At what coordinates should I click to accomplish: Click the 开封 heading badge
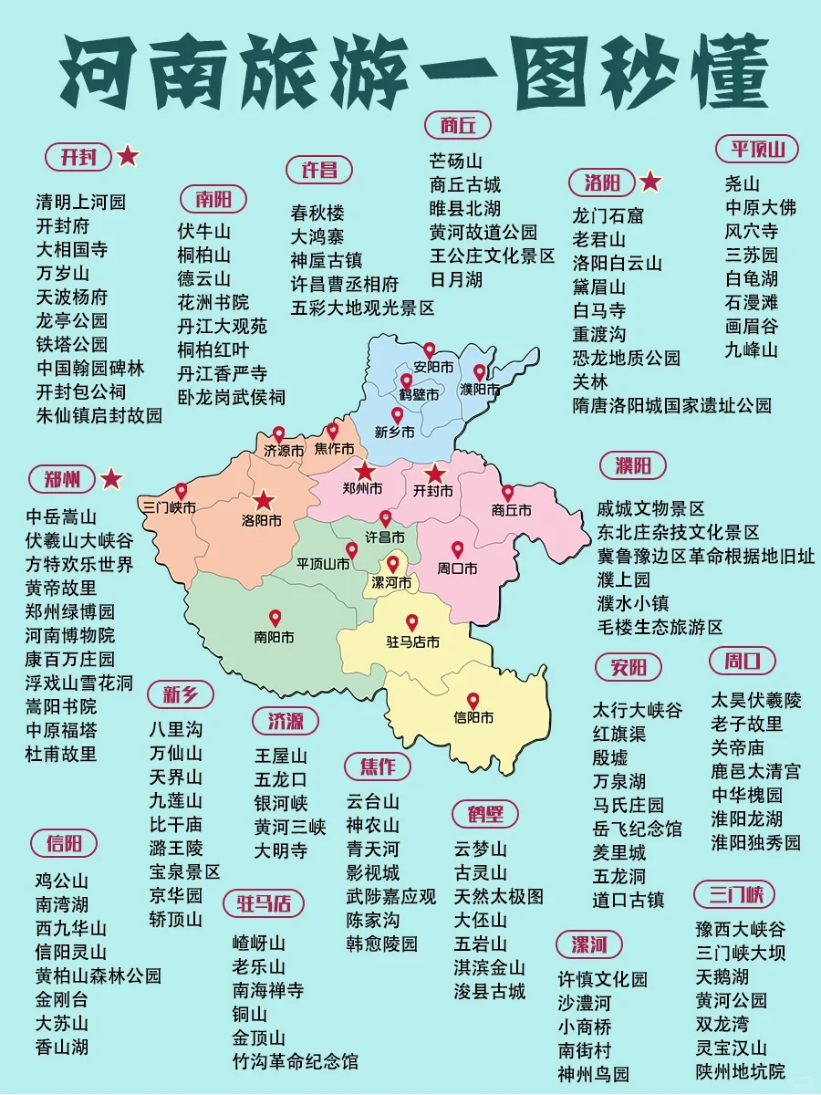coord(78,157)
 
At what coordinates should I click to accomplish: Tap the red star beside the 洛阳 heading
coord(650,182)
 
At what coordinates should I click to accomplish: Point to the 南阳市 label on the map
coord(275,637)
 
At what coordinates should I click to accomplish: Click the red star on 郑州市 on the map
coord(364,471)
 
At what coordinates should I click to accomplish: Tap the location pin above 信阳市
coord(473,700)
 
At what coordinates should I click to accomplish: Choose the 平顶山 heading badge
coord(757,149)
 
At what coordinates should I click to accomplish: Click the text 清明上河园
coord(80,202)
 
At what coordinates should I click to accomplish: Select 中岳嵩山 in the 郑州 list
coord(61,516)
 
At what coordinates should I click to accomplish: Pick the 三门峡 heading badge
coord(734,894)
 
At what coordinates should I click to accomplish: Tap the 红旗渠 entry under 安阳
coord(619,734)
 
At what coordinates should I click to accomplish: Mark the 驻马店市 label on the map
coord(412,642)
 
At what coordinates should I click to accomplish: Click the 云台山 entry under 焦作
coord(372,801)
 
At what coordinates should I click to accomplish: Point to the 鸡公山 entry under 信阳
coord(61,881)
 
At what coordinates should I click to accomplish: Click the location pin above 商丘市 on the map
coord(508,493)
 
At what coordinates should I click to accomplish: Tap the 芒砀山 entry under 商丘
coord(456,161)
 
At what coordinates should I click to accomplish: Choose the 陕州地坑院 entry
coord(740,1071)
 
